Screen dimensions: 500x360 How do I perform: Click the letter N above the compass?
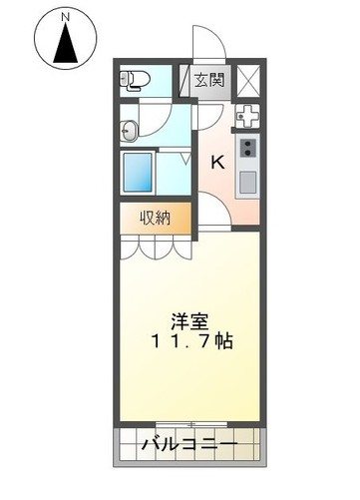[65, 17]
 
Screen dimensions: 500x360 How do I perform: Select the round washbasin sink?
[130, 127]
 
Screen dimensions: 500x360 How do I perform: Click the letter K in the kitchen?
[216, 161]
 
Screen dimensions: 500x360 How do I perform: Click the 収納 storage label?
[155, 217]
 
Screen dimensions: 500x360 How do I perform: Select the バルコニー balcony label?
[189, 443]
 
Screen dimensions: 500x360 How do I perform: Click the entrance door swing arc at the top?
[206, 44]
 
